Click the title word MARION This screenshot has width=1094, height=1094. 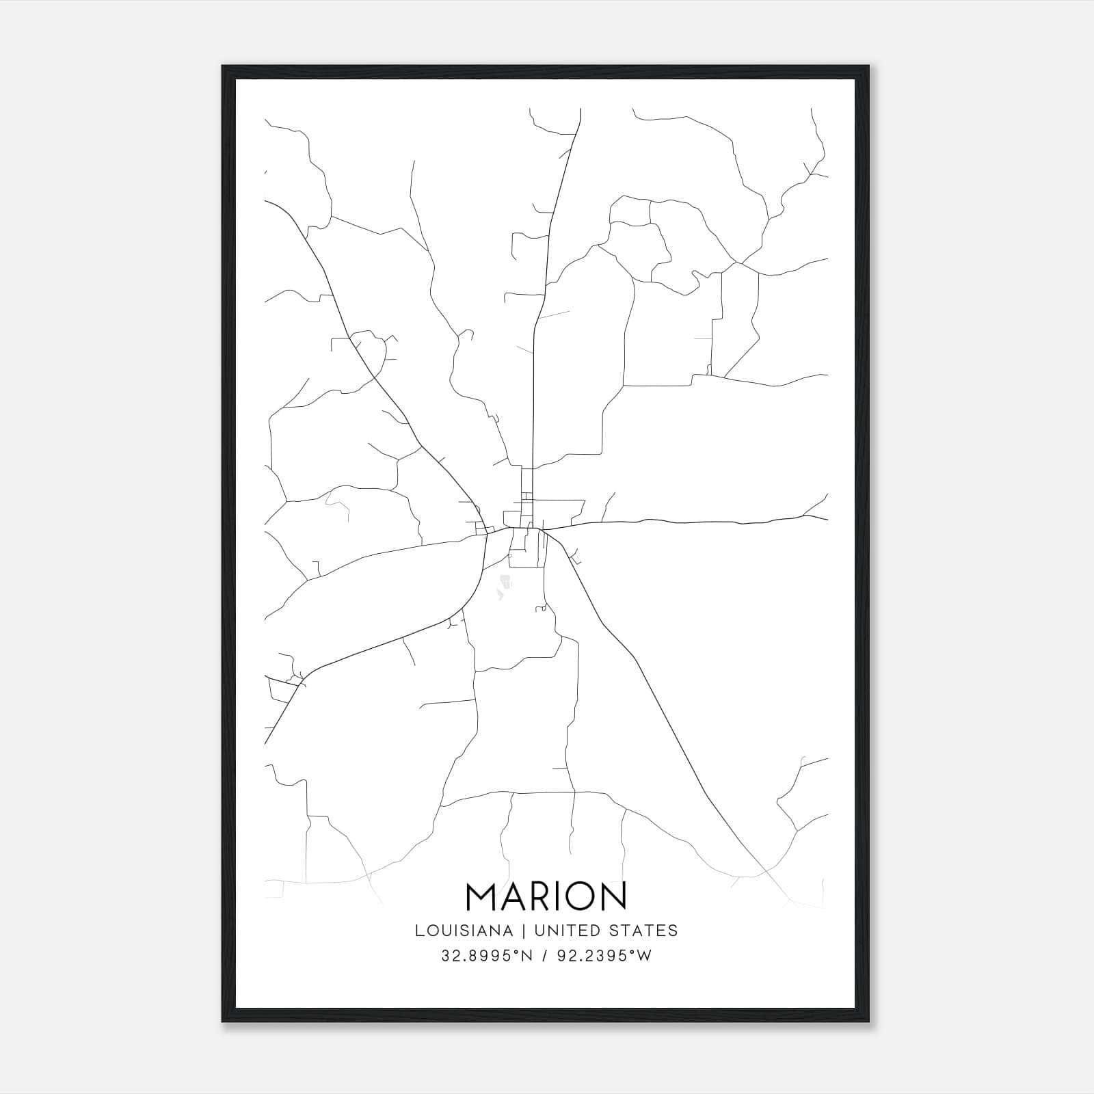(x=546, y=896)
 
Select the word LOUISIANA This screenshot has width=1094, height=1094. (x=464, y=931)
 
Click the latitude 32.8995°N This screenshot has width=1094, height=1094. (x=486, y=956)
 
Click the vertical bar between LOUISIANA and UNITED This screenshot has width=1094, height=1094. (x=524, y=931)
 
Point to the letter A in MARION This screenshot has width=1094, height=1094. (x=516, y=896)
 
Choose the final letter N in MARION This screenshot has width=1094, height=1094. (x=613, y=896)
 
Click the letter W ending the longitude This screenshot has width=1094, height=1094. (x=645, y=956)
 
